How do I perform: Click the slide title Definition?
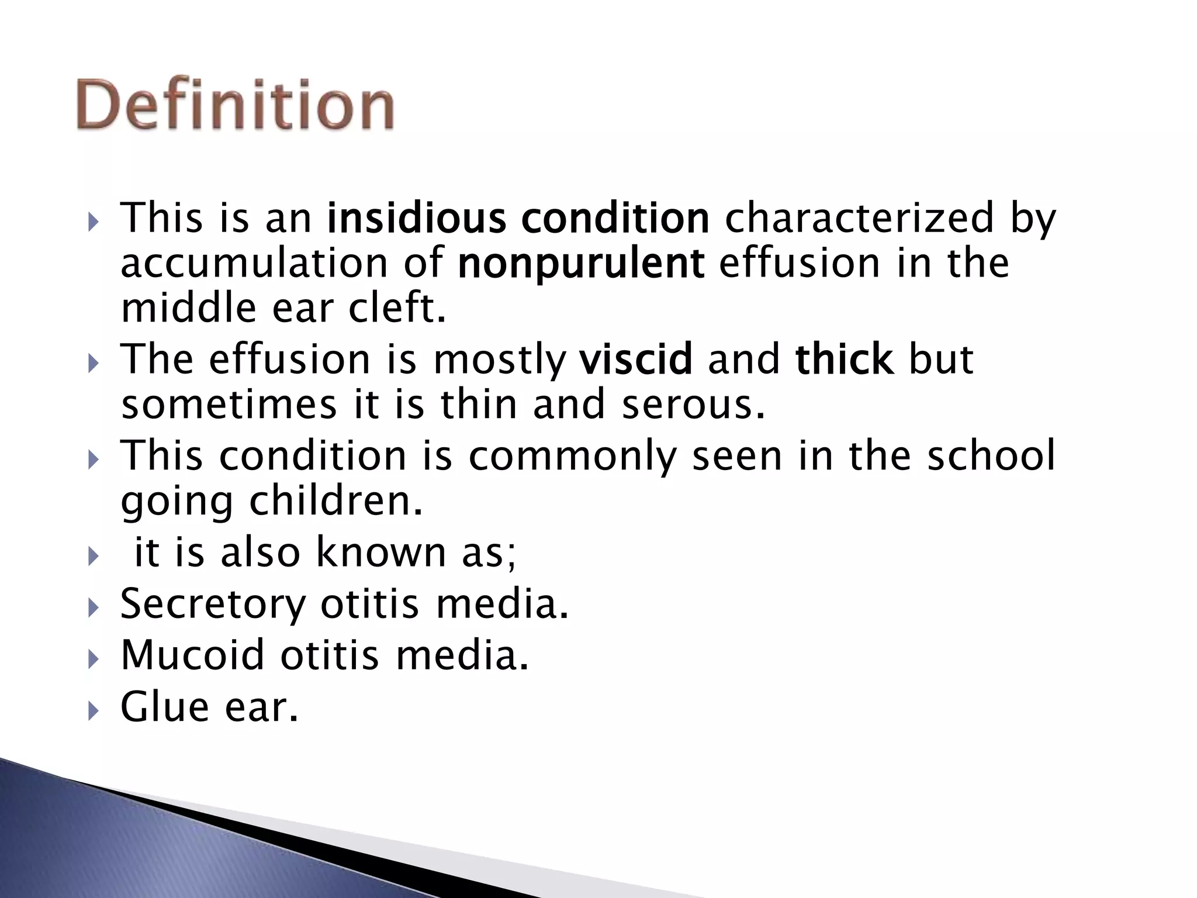235,105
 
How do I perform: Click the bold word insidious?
416,218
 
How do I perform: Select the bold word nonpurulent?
581,264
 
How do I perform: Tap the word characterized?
859,218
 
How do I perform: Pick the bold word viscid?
635,359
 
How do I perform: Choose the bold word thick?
844,359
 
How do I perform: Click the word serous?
693,405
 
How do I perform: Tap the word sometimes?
229,405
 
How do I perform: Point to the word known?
380,552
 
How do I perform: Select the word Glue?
164,706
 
